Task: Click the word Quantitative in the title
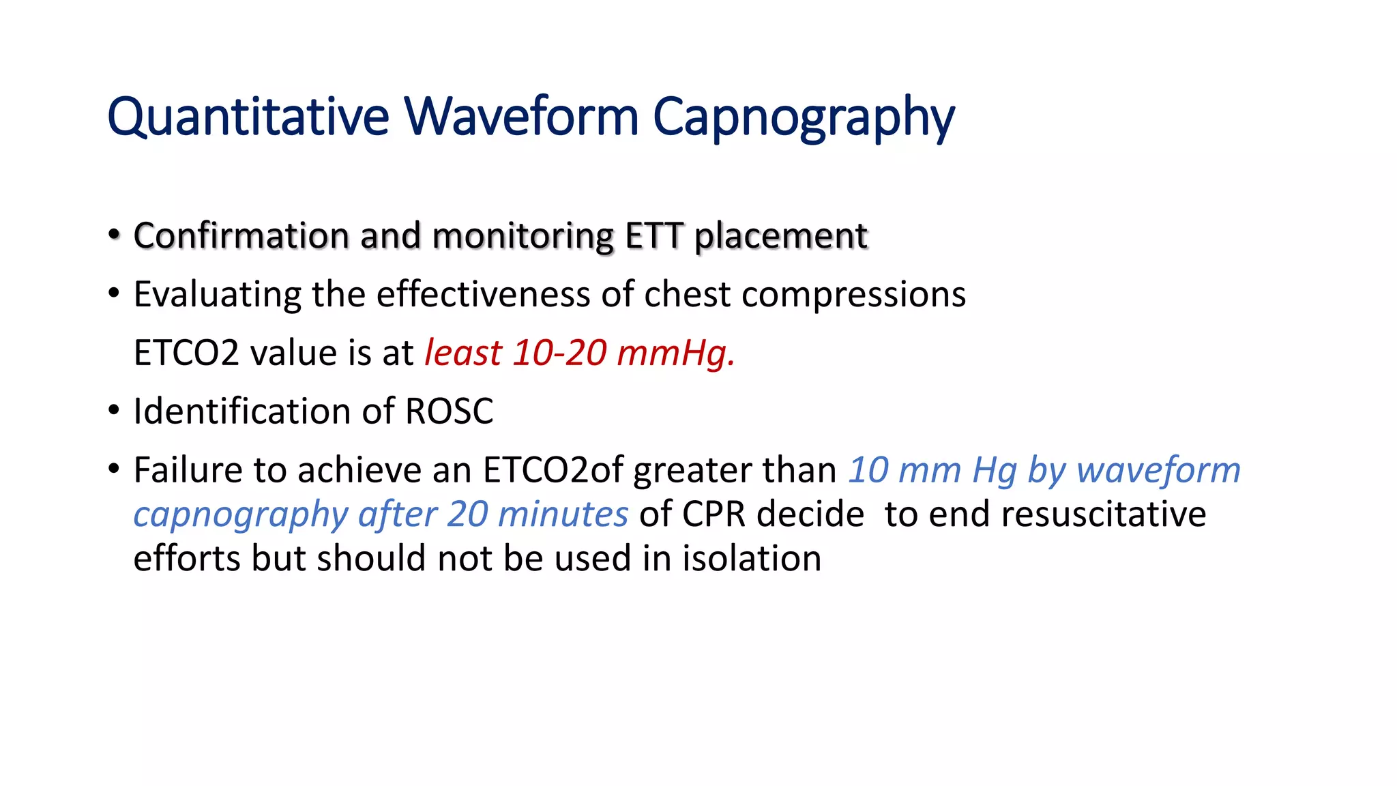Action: click(x=248, y=117)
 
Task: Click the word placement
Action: click(x=780, y=236)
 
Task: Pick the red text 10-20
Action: click(x=559, y=353)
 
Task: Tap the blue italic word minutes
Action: click(x=563, y=514)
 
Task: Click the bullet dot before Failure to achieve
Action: click(x=114, y=469)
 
